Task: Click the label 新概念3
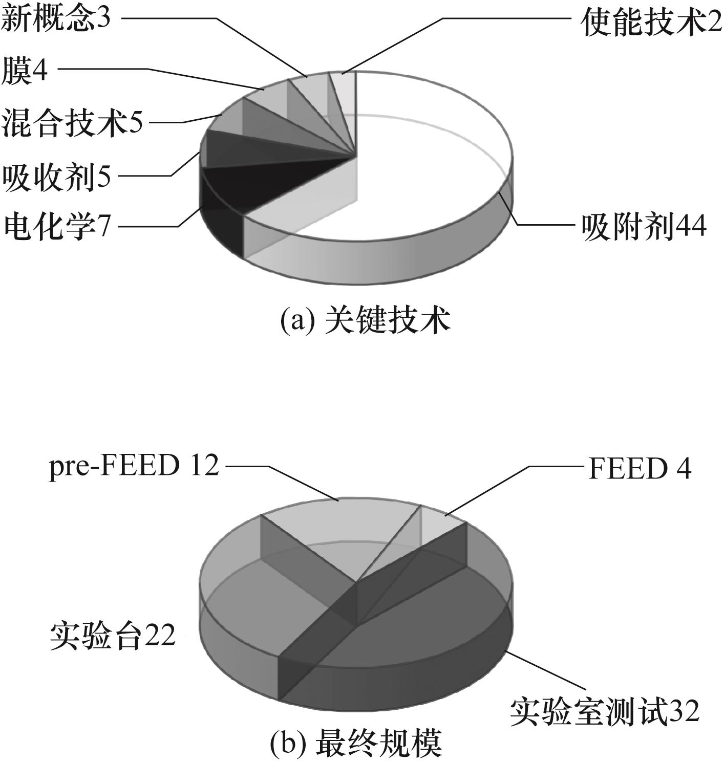click(x=56, y=18)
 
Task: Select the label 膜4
click(x=25, y=71)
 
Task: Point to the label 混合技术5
click(x=72, y=123)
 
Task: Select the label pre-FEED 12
click(x=134, y=467)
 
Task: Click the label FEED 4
click(x=640, y=468)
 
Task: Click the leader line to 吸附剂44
click(x=536, y=217)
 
